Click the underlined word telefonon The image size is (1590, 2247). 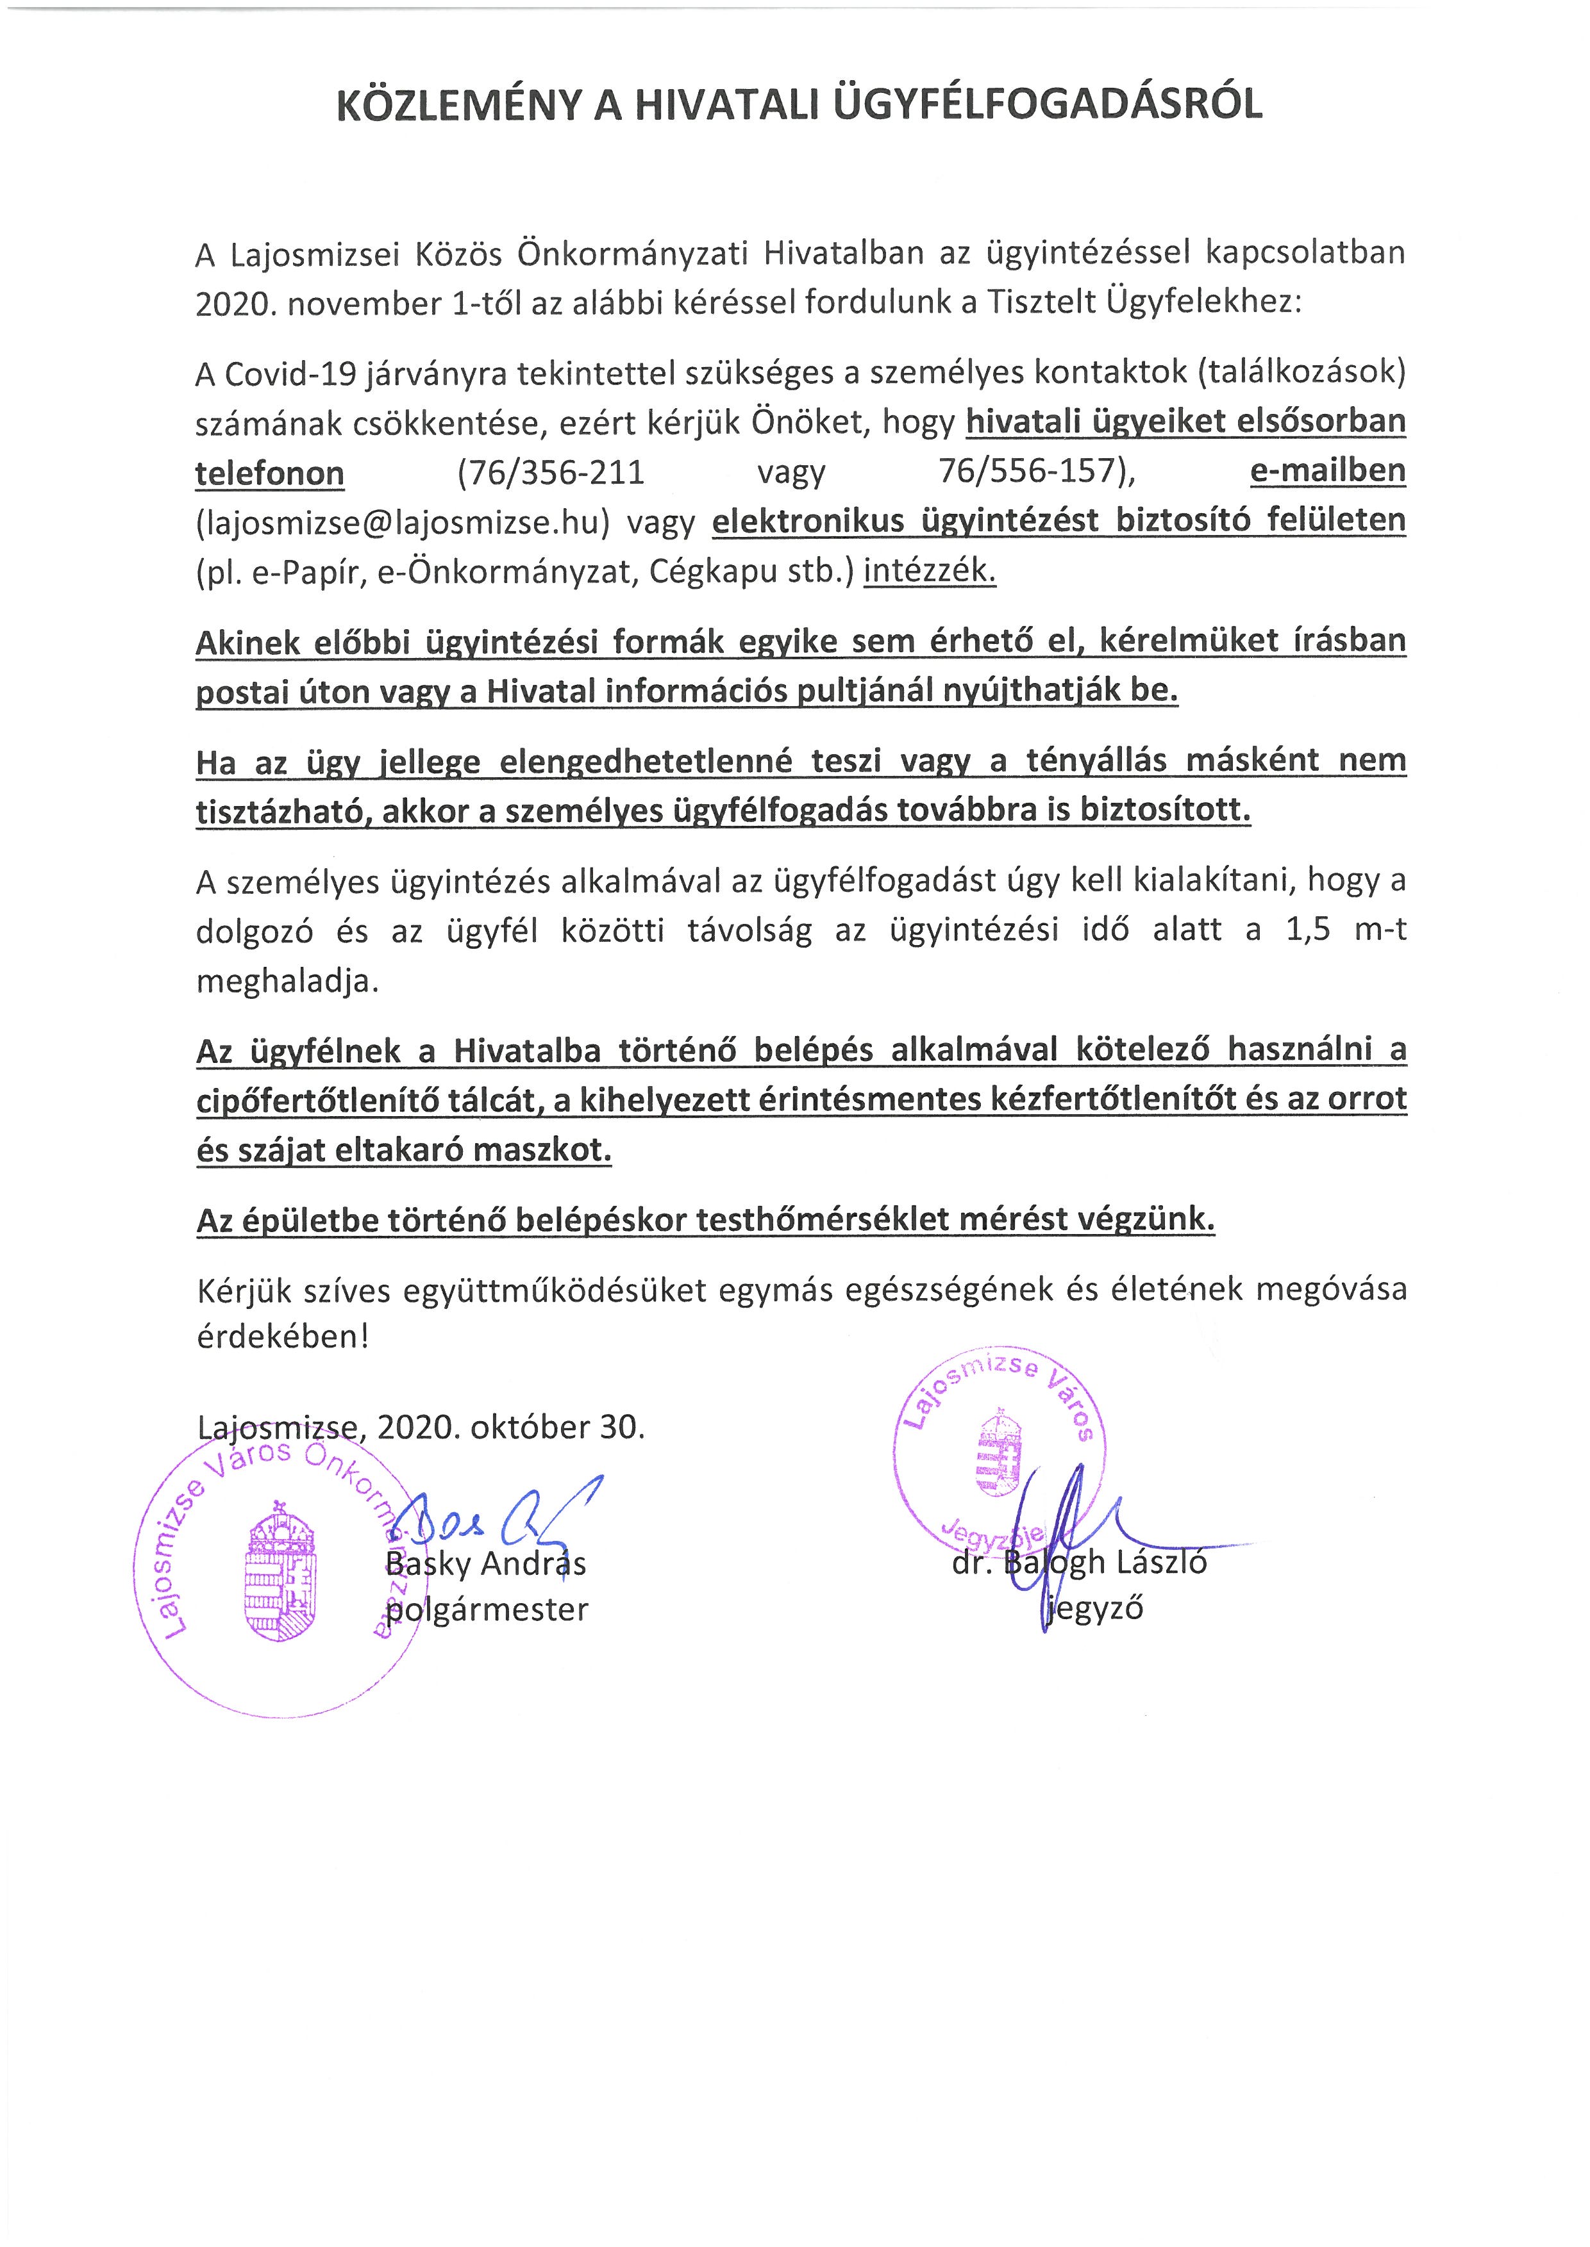(x=269, y=473)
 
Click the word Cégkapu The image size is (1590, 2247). (x=706, y=572)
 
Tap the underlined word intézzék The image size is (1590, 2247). (x=928, y=570)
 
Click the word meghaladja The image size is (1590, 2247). (x=286, y=980)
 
